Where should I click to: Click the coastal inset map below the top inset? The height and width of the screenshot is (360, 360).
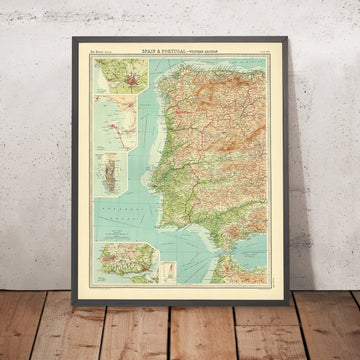[x=119, y=117]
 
